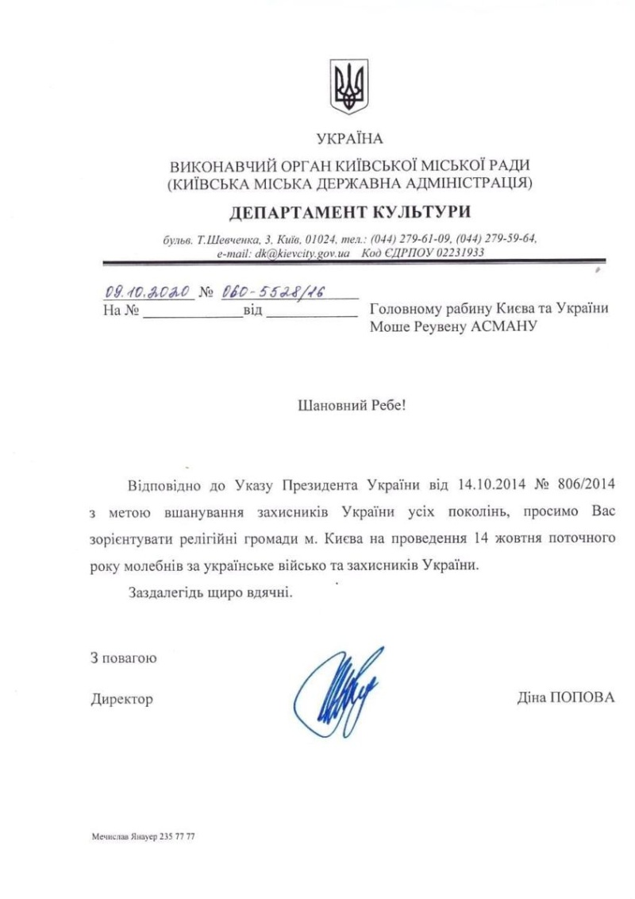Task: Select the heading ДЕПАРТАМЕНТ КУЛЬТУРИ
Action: (349, 212)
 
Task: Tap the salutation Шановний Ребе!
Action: (350, 405)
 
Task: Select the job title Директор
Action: (121, 699)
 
